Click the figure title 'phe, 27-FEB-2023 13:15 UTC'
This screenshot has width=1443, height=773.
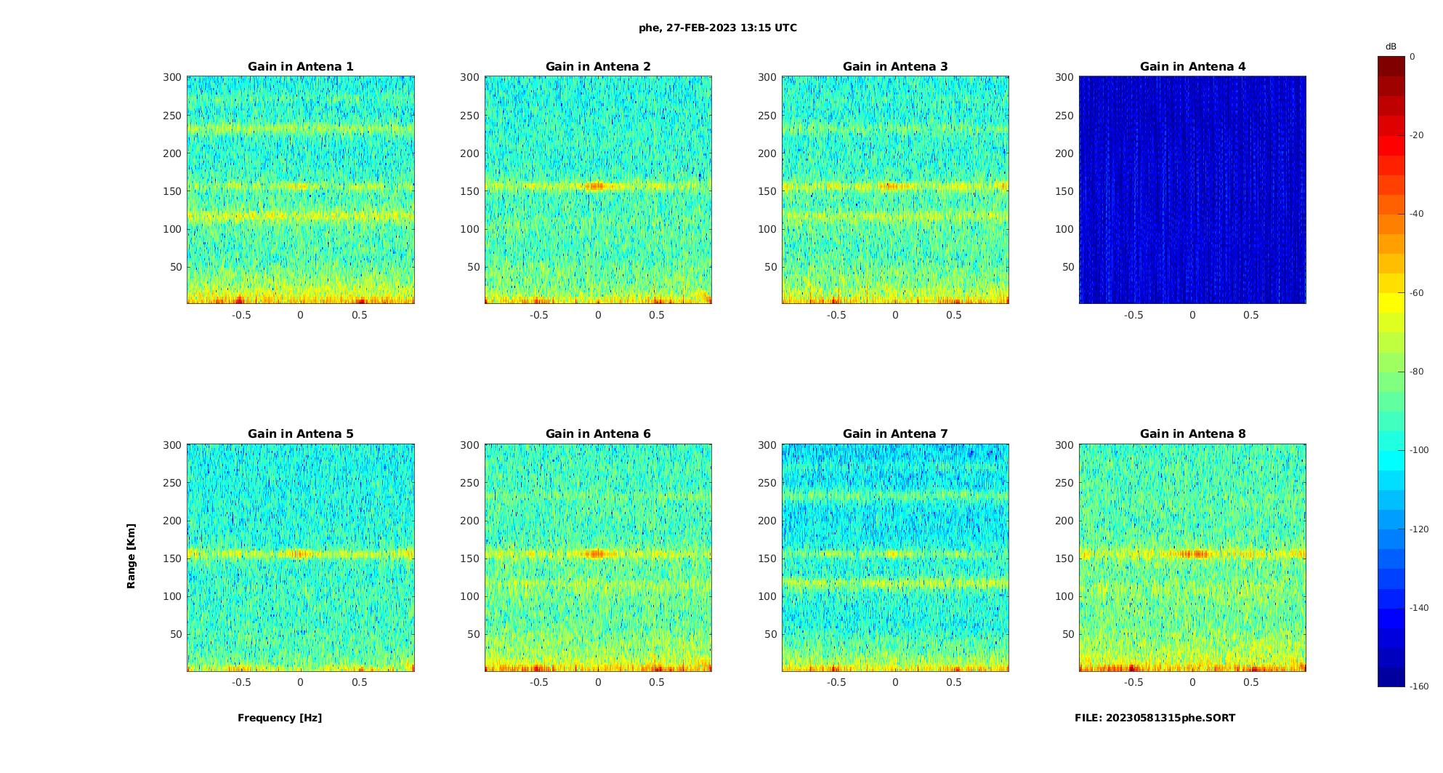[717, 28]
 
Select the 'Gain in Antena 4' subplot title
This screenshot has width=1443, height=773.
[1192, 66]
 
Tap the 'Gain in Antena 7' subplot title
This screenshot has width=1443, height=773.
[895, 433]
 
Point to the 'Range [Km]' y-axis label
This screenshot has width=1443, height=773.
[131, 556]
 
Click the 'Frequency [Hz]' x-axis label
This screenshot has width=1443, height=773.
[280, 718]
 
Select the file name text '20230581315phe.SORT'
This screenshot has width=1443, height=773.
[1170, 718]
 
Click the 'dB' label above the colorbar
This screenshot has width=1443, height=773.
[1391, 47]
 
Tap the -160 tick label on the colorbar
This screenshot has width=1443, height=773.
[1419, 686]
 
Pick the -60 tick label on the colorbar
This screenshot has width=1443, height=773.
[1417, 293]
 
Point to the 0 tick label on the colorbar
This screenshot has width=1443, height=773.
[1412, 57]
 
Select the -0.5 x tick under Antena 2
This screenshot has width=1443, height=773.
[538, 315]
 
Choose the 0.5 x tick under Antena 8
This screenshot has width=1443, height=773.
[1250, 682]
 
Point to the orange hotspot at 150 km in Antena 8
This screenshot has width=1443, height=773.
[1192, 554]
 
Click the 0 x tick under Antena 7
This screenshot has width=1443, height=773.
[895, 682]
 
